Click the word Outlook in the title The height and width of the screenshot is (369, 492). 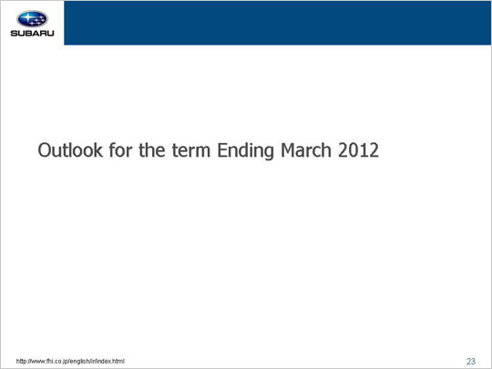70,150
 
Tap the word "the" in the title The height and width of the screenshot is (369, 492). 151,150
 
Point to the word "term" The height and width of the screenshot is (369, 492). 191,150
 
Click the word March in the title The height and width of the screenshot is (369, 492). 306,150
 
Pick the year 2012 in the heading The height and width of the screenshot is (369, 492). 358,150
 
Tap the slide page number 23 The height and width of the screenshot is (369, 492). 471,361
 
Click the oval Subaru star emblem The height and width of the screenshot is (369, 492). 32,19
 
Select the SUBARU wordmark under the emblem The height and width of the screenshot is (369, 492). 32,33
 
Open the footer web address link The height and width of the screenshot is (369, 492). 70,361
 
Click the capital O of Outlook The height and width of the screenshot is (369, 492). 45,150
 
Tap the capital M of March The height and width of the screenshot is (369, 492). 288,150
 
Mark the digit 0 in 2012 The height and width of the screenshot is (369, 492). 354,150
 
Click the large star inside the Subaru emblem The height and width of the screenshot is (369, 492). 27,17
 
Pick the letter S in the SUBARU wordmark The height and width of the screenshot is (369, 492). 14,33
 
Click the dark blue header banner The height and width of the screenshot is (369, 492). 278,23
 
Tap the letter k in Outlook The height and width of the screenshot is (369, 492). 98,150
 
